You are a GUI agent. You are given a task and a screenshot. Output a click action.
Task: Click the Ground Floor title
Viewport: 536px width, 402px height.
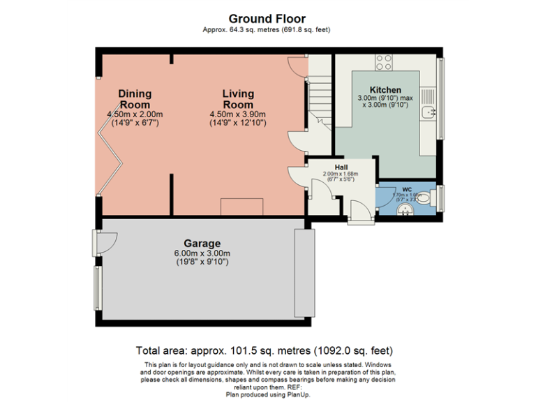[x=267, y=19]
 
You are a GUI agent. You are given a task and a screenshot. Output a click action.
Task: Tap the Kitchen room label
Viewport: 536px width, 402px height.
[x=385, y=90]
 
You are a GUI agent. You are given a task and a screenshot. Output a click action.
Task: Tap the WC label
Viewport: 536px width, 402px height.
[x=407, y=188]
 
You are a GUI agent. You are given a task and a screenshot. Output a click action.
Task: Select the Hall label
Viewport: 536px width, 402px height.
[x=341, y=167]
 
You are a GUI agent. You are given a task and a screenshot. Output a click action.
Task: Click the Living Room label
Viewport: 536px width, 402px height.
[x=238, y=99]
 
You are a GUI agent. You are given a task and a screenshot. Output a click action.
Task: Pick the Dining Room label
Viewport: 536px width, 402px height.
[x=135, y=99]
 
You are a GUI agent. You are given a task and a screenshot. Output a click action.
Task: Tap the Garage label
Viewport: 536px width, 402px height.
[x=202, y=244]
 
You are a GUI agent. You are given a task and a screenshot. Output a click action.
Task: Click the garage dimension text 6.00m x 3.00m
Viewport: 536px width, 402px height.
[x=202, y=253]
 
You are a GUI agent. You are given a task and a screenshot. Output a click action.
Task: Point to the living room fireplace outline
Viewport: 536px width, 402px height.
[x=241, y=207]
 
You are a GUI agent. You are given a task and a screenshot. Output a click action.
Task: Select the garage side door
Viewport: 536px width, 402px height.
[x=104, y=242]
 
